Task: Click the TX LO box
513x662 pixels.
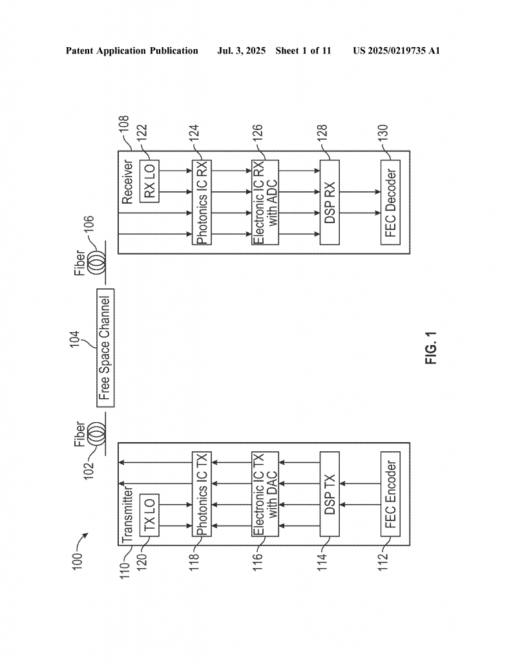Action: (149, 515)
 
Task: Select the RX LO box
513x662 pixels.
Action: (149, 181)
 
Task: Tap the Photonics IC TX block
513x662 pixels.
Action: (202, 494)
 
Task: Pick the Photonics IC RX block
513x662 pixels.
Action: (202, 202)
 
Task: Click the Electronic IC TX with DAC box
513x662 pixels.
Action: (265, 494)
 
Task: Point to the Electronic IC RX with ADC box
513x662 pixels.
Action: (265, 202)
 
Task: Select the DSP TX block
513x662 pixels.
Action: (330, 494)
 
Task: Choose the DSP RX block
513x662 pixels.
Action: (330, 202)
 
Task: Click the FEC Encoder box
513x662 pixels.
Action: (391, 494)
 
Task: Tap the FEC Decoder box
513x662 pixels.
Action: (391, 202)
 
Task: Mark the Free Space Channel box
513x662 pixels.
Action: (105, 348)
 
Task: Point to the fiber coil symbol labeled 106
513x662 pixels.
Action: (98, 264)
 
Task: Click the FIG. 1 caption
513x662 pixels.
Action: (431, 348)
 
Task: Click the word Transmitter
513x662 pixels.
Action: (127, 515)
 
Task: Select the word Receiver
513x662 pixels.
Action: (127, 182)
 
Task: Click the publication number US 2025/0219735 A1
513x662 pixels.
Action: (397, 51)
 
